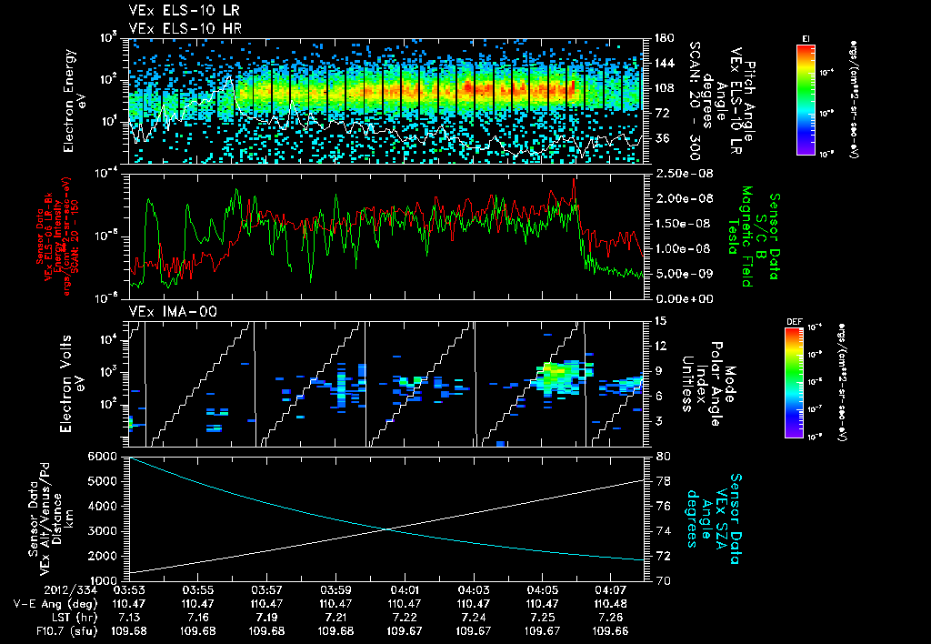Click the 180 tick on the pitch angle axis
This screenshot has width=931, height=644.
[663, 38]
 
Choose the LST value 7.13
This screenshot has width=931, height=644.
[128, 615]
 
